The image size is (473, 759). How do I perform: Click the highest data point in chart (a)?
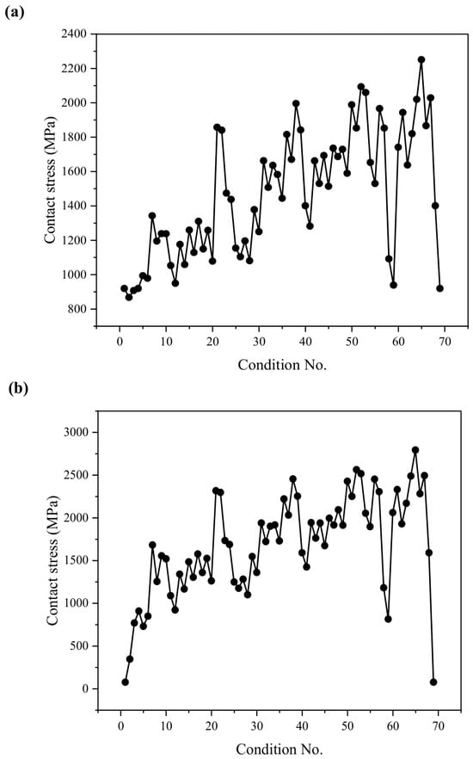(x=421, y=59)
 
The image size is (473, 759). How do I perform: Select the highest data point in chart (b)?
(x=415, y=450)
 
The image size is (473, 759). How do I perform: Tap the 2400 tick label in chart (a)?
(x=73, y=34)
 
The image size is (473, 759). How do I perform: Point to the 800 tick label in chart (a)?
(x=77, y=309)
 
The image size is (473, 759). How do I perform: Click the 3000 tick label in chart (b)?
(x=77, y=432)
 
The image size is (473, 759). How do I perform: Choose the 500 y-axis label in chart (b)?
(x=80, y=645)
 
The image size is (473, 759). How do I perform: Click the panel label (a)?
(x=14, y=12)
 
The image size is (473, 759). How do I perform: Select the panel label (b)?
(x=18, y=388)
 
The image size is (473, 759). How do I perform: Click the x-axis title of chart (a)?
(x=282, y=365)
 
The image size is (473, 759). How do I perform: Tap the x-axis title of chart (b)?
(x=279, y=749)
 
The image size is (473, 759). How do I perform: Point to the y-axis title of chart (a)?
(x=50, y=180)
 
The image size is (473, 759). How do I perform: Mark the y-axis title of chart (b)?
(x=52, y=560)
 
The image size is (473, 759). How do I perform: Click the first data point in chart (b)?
(x=126, y=682)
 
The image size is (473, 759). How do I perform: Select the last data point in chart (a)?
(x=439, y=288)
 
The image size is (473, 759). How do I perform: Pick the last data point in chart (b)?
(x=433, y=682)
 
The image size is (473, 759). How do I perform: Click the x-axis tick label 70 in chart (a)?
(x=445, y=342)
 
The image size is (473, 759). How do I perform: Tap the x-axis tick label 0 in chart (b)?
(x=121, y=725)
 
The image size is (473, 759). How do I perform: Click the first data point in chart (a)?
(x=125, y=288)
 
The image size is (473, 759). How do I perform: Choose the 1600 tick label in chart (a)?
(x=73, y=171)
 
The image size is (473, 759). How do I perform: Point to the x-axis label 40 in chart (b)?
(x=302, y=725)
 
